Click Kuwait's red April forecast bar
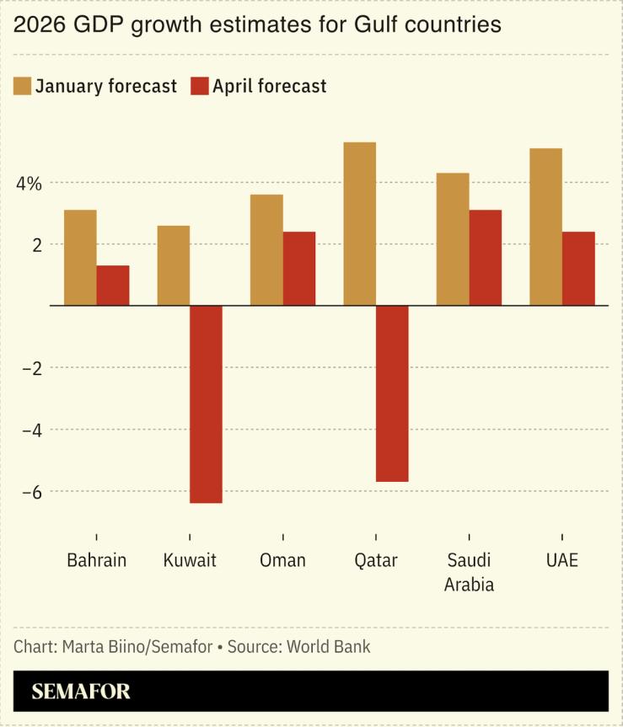click(206, 404)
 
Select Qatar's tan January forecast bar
click(360, 224)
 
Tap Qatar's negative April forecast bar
click(392, 393)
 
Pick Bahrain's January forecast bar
click(80, 258)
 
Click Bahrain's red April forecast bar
click(113, 286)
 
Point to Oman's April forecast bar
click(299, 269)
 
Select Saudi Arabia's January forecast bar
click(453, 239)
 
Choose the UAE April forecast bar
click(578, 269)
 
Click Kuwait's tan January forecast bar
click(174, 265)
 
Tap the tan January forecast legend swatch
click(23, 86)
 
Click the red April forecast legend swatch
click(199, 86)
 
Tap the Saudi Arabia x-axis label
click(469, 572)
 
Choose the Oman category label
click(282, 561)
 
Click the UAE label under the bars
click(562, 561)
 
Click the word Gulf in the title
click(365, 25)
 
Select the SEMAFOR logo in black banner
click(81, 692)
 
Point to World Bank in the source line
click(328, 647)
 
